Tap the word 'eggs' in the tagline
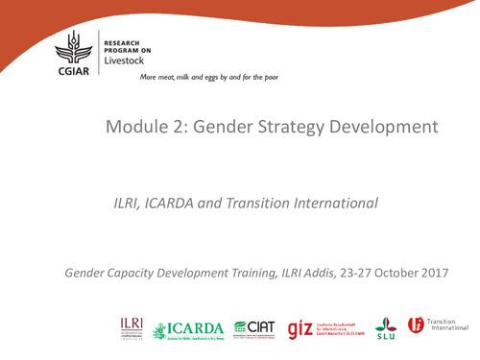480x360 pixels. [213, 76]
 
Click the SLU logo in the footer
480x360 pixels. [385, 327]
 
